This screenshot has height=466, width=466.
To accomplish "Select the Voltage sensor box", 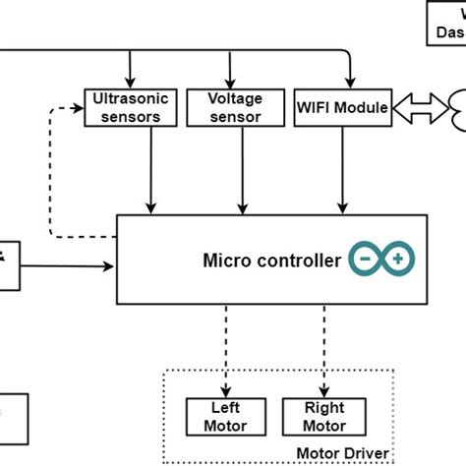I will point(237,107).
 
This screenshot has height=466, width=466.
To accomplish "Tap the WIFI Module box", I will point(342,106).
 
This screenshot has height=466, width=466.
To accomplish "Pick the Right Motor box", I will point(324,416).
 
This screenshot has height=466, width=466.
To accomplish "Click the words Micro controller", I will point(271,261).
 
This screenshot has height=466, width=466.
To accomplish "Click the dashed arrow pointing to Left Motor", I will point(227,344).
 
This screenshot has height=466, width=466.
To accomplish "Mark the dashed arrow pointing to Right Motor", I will point(324,344).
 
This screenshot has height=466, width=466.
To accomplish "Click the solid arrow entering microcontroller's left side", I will point(69,264).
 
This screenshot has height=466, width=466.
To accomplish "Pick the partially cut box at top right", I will point(446,23).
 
